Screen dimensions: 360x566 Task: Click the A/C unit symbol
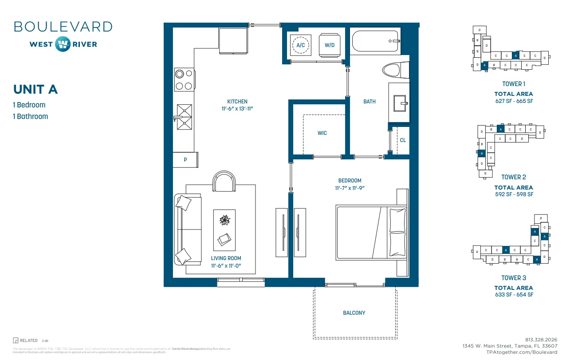(x=300, y=45)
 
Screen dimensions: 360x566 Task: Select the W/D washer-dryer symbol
(x=330, y=45)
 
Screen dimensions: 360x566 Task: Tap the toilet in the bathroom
(x=392, y=71)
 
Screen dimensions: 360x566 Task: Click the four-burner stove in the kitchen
(x=184, y=80)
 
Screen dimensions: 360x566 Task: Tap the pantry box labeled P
(x=185, y=160)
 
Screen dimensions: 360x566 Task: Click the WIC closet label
(x=322, y=133)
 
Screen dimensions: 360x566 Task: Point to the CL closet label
(x=403, y=140)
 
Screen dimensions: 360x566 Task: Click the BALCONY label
(x=354, y=313)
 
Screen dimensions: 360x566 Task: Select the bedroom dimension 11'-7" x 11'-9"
(x=350, y=188)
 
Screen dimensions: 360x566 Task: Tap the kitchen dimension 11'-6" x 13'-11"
(x=237, y=109)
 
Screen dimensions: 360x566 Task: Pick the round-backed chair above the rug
(x=224, y=182)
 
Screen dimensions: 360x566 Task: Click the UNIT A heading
(x=35, y=89)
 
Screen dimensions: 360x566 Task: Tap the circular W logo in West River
(x=63, y=44)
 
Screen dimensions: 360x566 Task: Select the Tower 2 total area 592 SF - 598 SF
(x=514, y=194)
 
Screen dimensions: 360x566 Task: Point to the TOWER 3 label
(x=514, y=278)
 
